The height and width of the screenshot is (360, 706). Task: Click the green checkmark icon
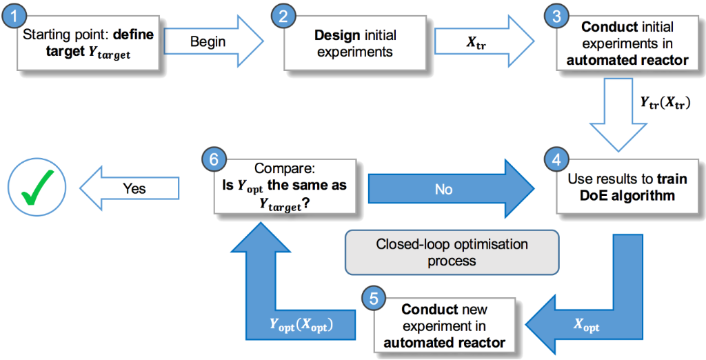click(37, 188)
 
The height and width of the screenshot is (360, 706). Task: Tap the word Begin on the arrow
click(208, 41)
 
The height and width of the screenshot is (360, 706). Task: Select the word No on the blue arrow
click(443, 188)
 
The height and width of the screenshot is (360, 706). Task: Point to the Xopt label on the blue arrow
click(587, 326)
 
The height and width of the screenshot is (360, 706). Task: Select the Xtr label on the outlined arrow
click(475, 41)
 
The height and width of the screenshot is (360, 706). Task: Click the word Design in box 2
click(335, 34)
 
